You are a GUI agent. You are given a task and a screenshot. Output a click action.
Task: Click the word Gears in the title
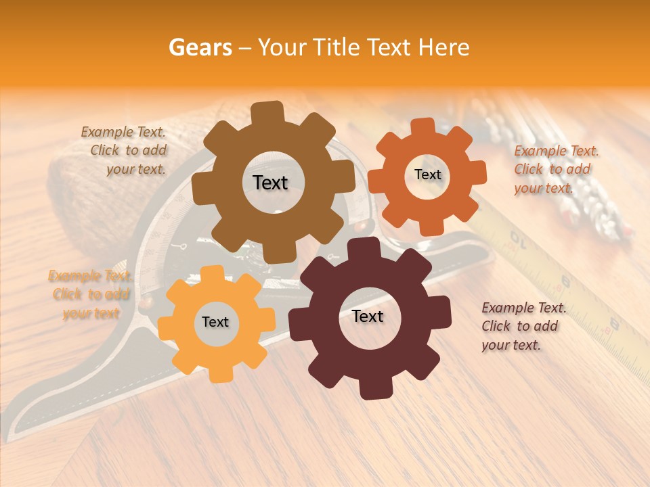[200, 47]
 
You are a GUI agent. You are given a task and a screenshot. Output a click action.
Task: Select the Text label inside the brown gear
[270, 183]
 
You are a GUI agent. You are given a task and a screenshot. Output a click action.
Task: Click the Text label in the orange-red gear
[427, 175]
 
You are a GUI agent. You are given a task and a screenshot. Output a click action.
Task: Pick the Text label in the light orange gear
[215, 323]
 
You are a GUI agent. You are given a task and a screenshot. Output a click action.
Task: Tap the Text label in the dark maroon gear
[368, 317]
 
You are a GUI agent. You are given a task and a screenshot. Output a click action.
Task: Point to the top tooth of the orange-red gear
[423, 128]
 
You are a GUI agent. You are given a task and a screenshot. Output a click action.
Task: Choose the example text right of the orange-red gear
[555, 170]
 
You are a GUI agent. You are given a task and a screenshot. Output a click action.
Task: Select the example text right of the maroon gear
[523, 326]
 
